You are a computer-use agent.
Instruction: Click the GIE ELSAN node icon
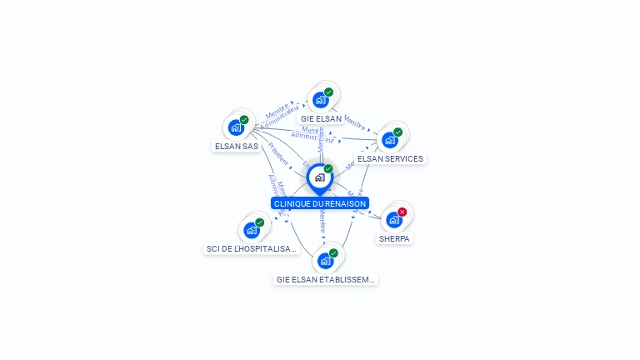tap(320, 100)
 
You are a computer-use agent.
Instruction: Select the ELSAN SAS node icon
tap(236, 127)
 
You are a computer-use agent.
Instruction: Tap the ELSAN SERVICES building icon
tap(389, 139)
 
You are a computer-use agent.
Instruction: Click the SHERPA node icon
tap(393, 220)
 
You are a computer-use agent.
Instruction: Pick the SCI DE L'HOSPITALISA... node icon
tap(251, 230)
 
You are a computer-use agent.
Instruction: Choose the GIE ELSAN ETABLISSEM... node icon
tap(325, 260)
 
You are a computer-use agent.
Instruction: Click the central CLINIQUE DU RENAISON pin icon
tap(319, 177)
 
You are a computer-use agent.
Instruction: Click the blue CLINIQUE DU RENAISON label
tap(320, 203)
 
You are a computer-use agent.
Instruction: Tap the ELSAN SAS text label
tap(237, 147)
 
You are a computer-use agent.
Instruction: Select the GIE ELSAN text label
tap(322, 119)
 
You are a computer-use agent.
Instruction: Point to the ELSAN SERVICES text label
tap(390, 159)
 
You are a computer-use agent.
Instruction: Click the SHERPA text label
tap(394, 239)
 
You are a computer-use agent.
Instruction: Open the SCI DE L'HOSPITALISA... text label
tap(251, 248)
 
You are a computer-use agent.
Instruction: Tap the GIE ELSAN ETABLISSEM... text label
tap(326, 280)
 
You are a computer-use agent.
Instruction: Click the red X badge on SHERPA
tap(402, 212)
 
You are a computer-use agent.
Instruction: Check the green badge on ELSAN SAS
tap(244, 120)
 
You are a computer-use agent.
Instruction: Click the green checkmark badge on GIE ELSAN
tap(328, 92)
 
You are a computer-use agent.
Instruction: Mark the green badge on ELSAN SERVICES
tap(397, 132)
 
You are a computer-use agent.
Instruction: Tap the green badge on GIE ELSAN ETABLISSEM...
tap(333, 252)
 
